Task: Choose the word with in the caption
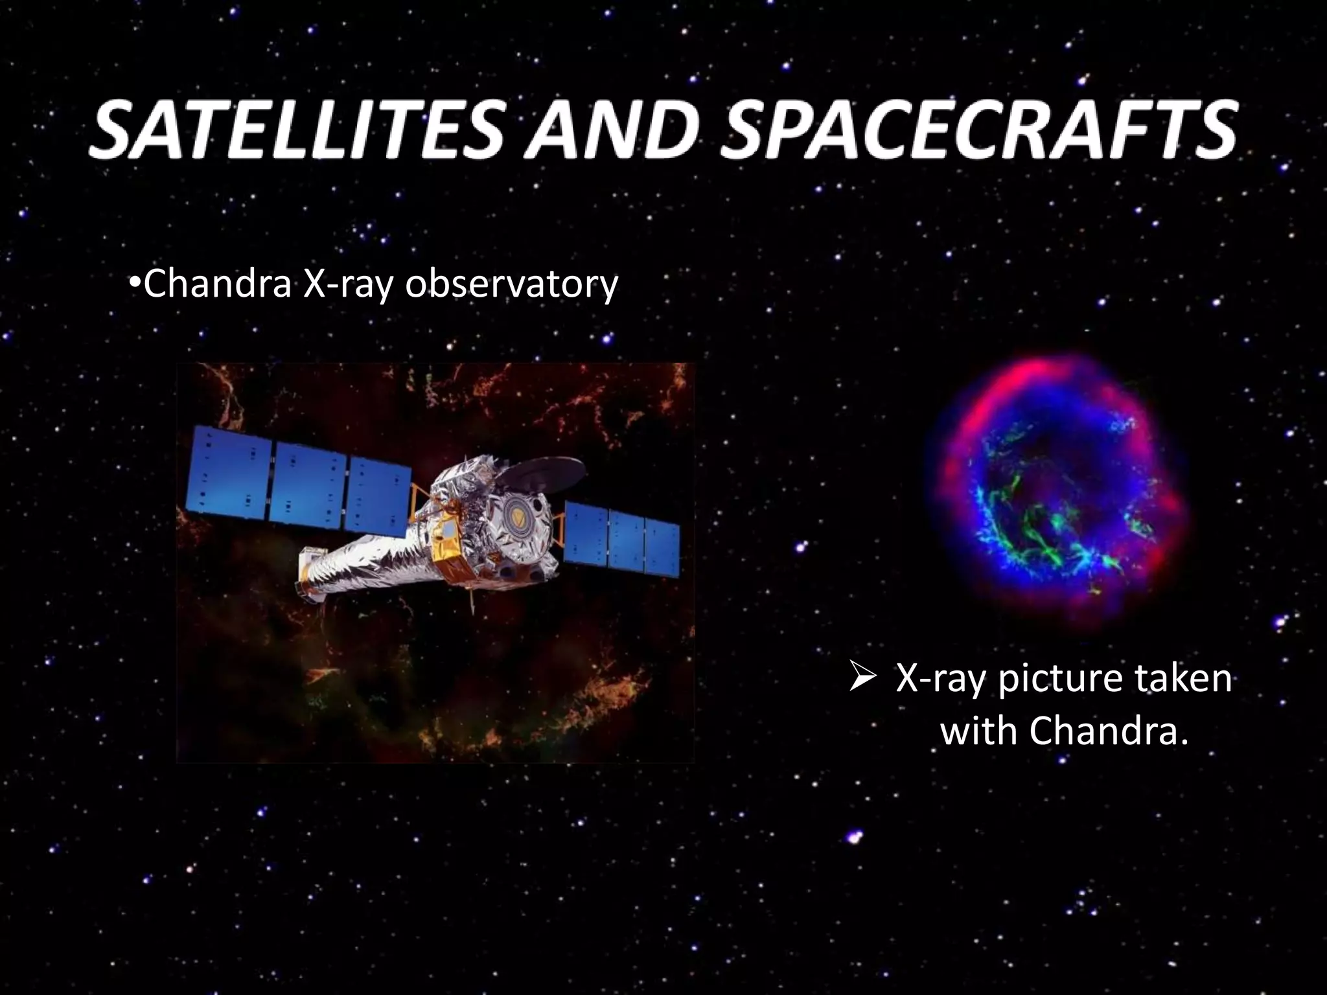tap(978, 731)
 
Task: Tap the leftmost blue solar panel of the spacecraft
tap(228, 475)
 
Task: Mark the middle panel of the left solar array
tap(307, 486)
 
